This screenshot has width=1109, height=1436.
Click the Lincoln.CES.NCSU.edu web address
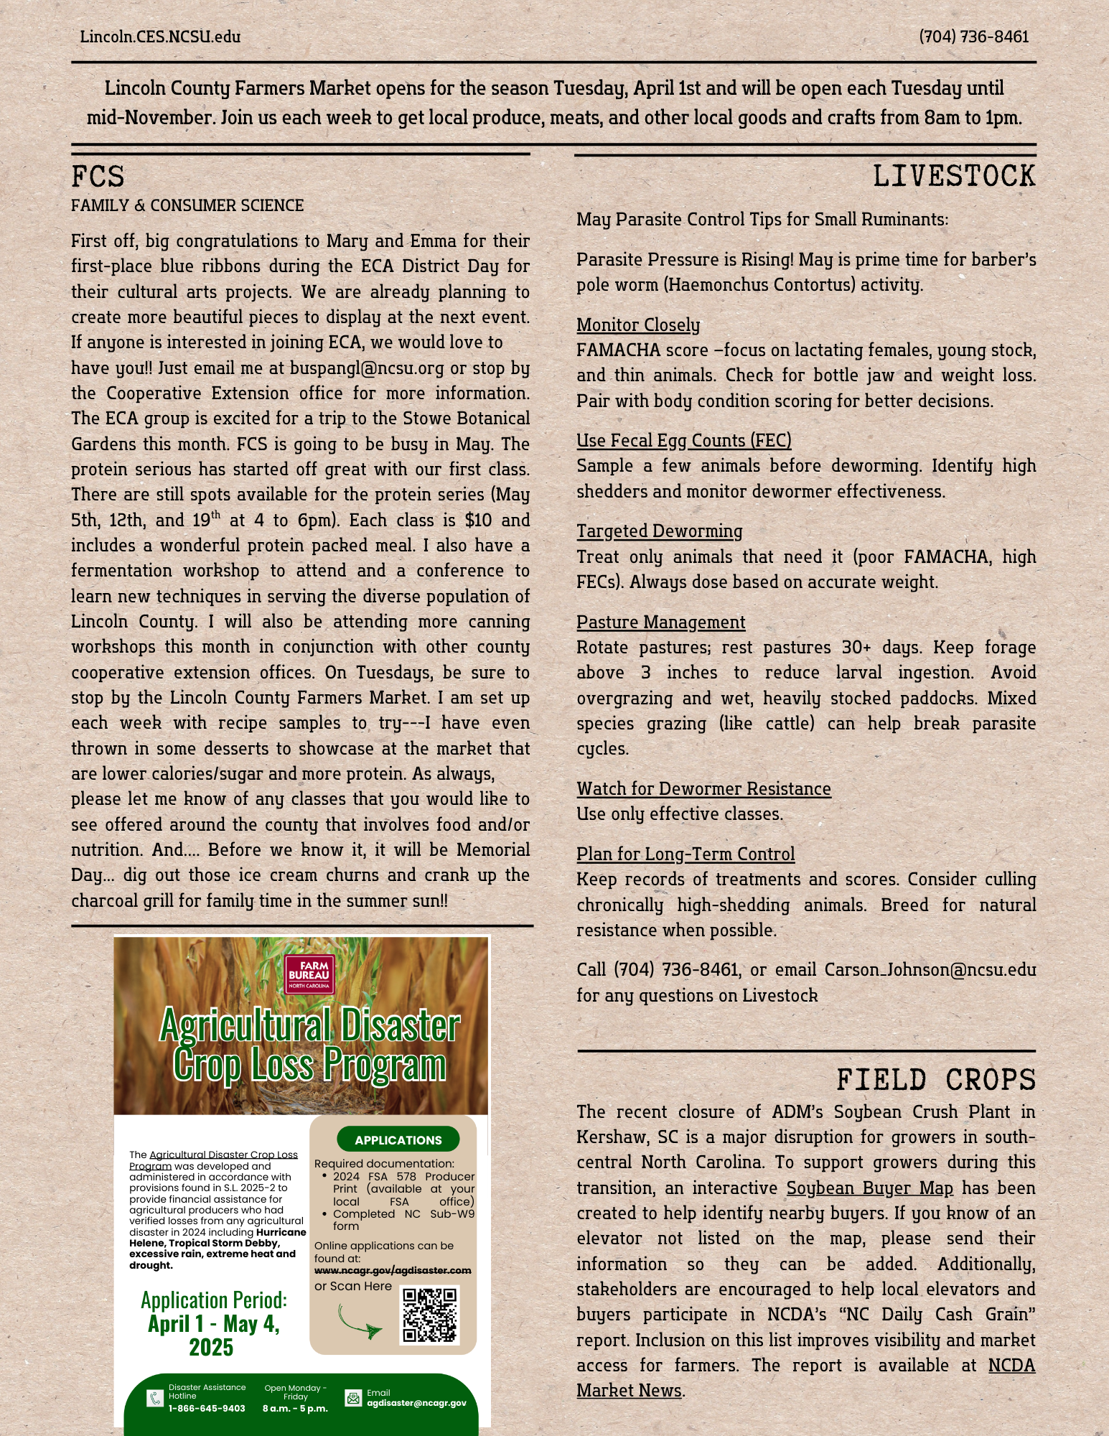160,37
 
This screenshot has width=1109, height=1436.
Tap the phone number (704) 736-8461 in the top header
973,37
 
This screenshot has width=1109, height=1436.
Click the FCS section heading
98,177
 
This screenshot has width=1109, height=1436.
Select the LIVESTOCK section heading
953,177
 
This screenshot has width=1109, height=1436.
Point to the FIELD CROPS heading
935,1081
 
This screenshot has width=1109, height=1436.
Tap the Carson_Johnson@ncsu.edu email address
930,970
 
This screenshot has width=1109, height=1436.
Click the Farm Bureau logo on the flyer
309,974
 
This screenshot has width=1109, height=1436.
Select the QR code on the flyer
429,1315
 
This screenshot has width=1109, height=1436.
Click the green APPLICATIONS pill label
398,1140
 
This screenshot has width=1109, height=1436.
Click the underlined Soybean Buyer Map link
869,1188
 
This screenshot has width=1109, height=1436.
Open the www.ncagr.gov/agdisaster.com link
393,1270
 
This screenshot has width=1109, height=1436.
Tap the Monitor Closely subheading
637,325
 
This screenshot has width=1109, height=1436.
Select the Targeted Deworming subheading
659,531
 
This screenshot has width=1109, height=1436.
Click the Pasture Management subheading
660,623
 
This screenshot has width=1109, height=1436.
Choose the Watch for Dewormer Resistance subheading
703,789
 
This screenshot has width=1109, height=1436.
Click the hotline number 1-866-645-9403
207,1409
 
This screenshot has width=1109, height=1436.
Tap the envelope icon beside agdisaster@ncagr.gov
353,1399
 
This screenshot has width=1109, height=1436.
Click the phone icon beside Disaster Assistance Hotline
155,1398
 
